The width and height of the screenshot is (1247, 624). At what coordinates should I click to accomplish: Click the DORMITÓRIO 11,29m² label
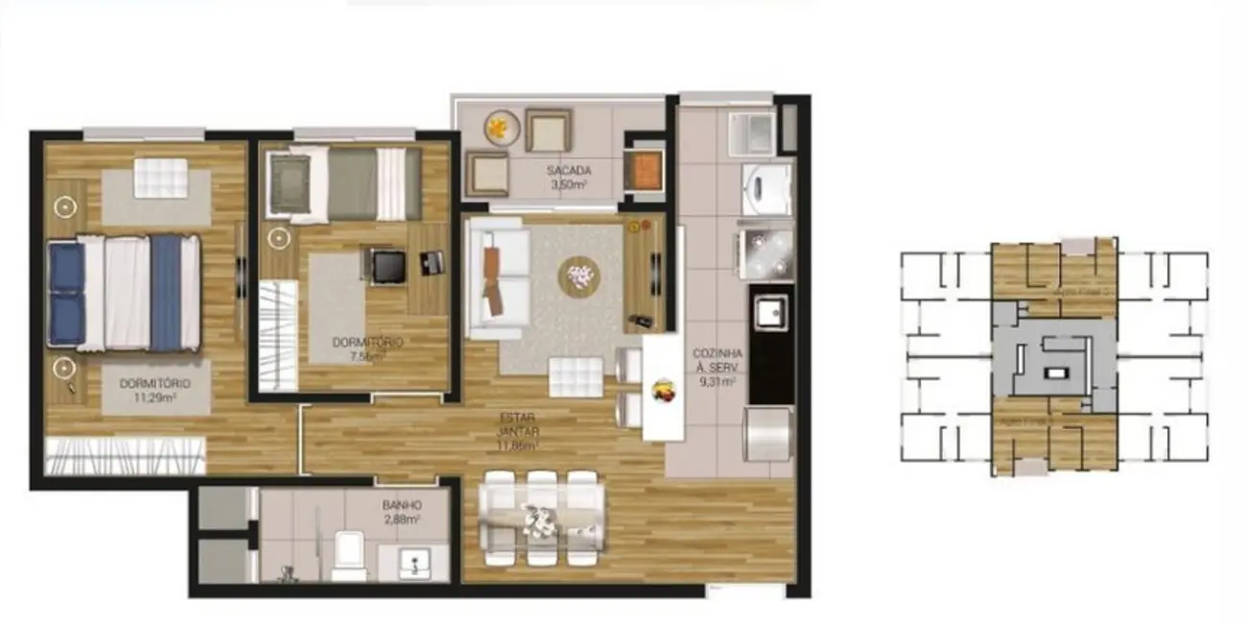coord(154,390)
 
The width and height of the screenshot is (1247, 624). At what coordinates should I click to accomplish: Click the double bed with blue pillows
coord(125,292)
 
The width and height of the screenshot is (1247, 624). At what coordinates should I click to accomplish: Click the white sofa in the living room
coord(498,277)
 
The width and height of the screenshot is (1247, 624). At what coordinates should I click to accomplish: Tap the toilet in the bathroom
coord(348,557)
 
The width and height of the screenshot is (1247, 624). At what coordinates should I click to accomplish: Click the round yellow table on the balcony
coord(500,128)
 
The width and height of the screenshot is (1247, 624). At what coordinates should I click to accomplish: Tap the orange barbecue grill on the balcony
coord(644,170)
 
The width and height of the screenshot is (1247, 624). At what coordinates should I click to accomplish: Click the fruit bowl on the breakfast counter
coord(663,390)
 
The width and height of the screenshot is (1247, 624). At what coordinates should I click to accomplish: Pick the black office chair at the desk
coord(388,265)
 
